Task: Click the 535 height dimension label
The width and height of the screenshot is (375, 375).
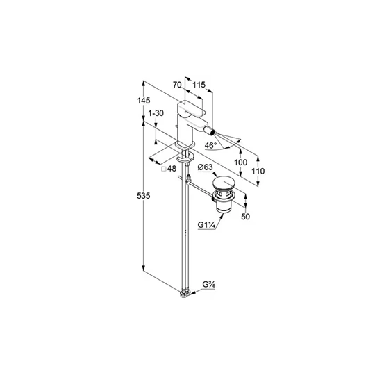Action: pyautogui.click(x=144, y=196)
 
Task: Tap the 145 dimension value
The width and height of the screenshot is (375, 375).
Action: pyautogui.click(x=144, y=101)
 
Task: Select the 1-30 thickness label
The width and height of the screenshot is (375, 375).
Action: pyautogui.click(x=156, y=113)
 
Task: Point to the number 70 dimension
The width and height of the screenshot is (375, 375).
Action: pyautogui.click(x=177, y=85)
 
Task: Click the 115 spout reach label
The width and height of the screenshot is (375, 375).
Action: pyautogui.click(x=199, y=85)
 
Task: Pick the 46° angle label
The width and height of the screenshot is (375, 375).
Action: pyautogui.click(x=210, y=145)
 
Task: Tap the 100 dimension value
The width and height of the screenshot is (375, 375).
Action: pyautogui.click(x=240, y=162)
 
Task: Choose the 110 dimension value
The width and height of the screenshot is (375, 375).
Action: pyautogui.click(x=258, y=172)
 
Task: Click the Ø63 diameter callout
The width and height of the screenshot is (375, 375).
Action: pyautogui.click(x=205, y=167)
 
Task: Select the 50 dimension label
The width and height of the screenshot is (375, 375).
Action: pyautogui.click(x=245, y=217)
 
